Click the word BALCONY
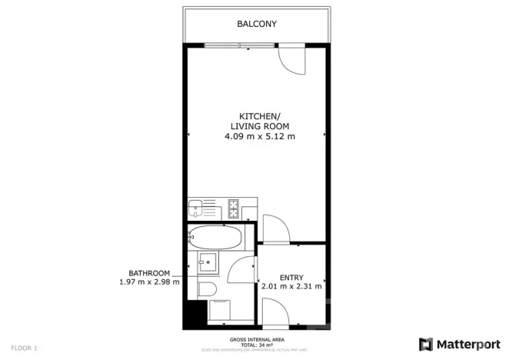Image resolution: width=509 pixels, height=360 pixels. [x=256, y=25]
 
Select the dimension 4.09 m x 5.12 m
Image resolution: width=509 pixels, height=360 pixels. [x=259, y=136]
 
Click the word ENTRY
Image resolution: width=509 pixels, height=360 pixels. [x=291, y=278]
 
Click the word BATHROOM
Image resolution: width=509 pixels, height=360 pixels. [x=148, y=273]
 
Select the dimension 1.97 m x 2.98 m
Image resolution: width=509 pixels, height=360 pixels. [x=148, y=282]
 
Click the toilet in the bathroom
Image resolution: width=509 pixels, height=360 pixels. [x=206, y=289]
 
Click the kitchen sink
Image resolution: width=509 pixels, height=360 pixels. [x=197, y=206]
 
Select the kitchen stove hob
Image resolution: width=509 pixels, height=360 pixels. [x=234, y=206]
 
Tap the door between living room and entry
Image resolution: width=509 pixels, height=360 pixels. [x=274, y=229]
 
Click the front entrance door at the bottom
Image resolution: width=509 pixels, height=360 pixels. [x=274, y=314]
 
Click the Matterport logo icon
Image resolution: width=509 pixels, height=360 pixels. [x=425, y=344]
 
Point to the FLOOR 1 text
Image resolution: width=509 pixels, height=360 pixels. [x=24, y=348]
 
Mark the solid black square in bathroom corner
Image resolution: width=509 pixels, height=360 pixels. [x=195, y=313]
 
